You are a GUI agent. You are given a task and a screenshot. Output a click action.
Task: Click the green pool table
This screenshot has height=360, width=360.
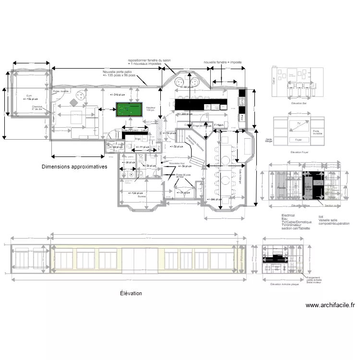[x=128, y=110]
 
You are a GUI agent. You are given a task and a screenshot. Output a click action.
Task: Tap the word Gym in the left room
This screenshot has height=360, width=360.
[x=29, y=96]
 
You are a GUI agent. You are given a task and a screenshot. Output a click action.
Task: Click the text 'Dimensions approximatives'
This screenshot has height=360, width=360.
[x=74, y=167]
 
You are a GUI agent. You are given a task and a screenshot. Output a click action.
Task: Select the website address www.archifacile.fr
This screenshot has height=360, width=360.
[x=330, y=305]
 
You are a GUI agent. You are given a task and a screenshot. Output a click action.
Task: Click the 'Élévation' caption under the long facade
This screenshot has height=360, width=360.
[x=131, y=293]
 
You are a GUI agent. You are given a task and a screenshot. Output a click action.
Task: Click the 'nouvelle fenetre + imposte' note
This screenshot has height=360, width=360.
[x=222, y=62]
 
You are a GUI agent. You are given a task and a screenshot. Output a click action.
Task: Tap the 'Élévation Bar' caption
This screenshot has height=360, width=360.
[x=300, y=103]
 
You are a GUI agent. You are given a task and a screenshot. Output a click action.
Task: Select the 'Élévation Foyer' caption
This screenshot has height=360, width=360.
[x=300, y=152]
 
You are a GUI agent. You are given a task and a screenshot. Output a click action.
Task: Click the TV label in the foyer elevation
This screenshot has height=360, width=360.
[x=299, y=123]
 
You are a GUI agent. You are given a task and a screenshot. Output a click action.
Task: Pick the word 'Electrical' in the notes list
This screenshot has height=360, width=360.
[x=288, y=216]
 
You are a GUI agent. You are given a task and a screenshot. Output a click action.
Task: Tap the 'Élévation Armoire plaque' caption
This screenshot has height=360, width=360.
[x=285, y=285]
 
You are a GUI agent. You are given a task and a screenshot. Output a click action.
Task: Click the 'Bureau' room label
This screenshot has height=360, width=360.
[x=142, y=196]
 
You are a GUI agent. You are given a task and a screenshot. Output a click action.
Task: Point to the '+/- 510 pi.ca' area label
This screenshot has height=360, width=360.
[x=117, y=95]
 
